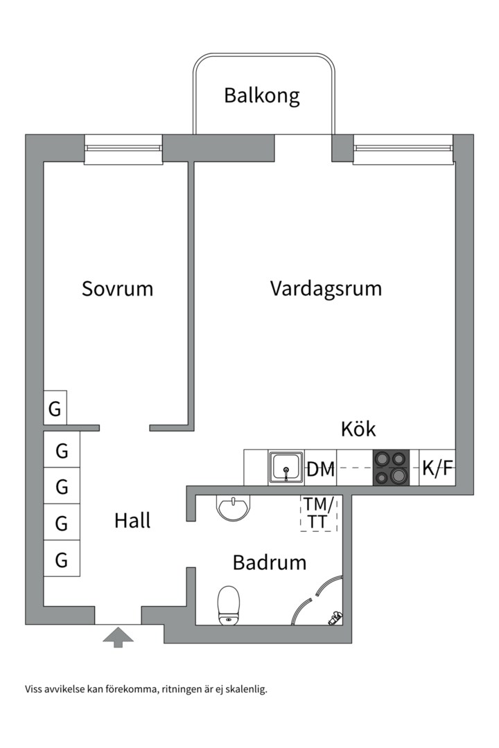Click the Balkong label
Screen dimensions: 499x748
point(261,96)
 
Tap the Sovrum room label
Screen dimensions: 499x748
point(117,288)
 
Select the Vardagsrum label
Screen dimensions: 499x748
point(326,288)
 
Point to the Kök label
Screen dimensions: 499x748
point(358,429)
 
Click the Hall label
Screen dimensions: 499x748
point(132,521)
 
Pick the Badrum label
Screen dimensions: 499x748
point(269,562)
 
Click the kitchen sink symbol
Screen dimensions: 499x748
point(286,468)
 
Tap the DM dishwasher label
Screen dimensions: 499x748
point(321,469)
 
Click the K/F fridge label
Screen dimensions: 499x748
point(437,469)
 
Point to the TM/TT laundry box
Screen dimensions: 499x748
point(318,513)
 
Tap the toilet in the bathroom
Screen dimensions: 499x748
point(228,605)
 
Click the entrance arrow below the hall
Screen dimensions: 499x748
point(118,636)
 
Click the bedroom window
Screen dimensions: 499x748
point(123,149)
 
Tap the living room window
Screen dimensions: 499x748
point(403,149)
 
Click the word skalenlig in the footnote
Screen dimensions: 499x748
point(244,689)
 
